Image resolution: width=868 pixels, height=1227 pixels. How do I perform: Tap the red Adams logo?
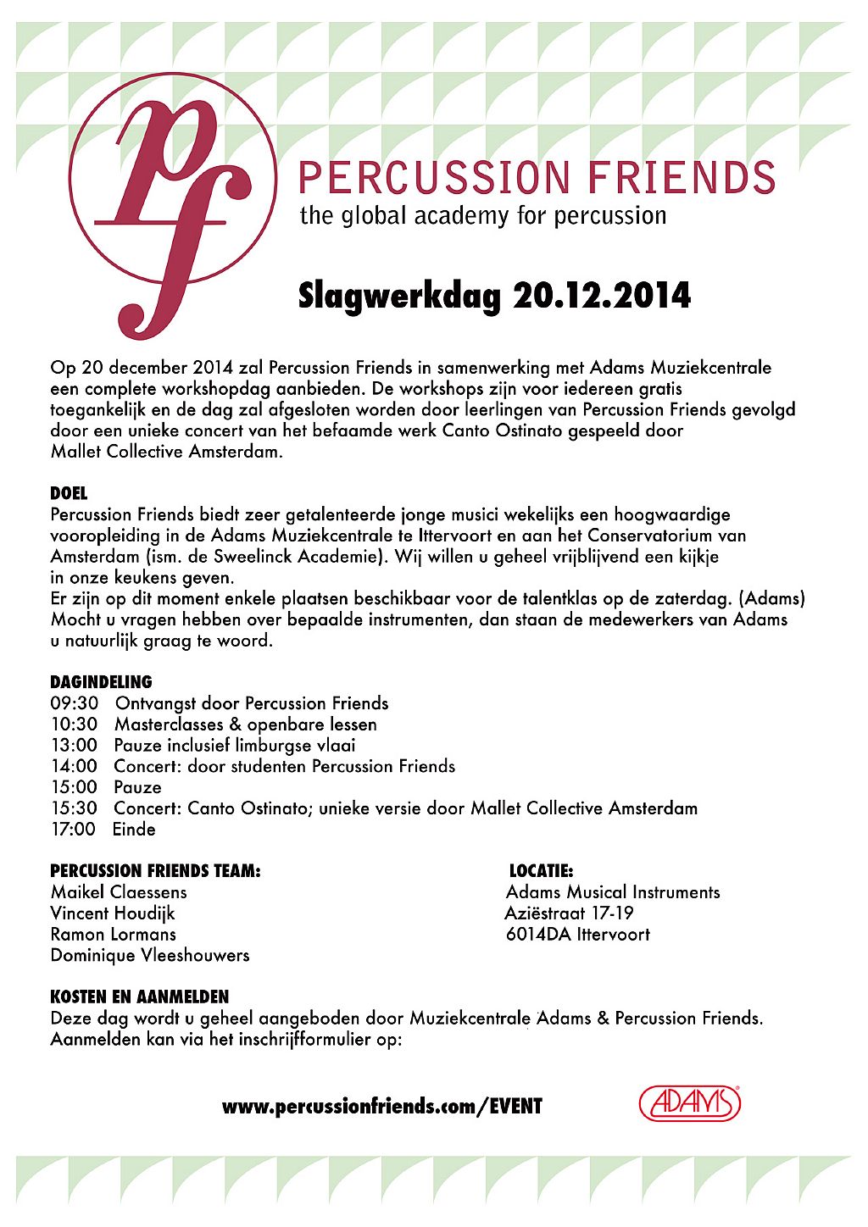(x=689, y=1104)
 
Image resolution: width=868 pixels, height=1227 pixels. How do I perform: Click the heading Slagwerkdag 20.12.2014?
(x=494, y=296)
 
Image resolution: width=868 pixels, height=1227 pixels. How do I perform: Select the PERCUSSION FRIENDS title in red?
(x=537, y=178)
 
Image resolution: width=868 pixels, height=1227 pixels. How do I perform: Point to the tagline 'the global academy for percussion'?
(x=483, y=216)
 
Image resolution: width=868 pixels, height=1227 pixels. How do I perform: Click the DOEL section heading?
(x=69, y=493)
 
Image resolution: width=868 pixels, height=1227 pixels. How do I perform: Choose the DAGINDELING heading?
(x=101, y=682)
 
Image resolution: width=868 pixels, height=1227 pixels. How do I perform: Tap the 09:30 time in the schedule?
(x=75, y=703)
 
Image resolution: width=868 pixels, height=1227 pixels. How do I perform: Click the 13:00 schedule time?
(x=75, y=746)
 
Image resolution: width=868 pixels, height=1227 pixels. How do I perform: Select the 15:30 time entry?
(x=75, y=808)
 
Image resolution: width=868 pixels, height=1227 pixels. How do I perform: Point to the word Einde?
(x=134, y=830)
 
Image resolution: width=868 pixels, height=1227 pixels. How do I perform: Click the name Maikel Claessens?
(x=119, y=892)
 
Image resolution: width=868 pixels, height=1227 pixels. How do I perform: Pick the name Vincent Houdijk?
(x=113, y=913)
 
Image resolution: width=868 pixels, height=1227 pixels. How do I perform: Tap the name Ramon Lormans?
(x=114, y=935)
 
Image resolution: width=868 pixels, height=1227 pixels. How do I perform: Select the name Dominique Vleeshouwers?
(x=150, y=955)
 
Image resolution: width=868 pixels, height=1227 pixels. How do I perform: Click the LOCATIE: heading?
(x=541, y=871)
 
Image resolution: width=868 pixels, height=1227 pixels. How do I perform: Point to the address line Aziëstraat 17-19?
(x=569, y=913)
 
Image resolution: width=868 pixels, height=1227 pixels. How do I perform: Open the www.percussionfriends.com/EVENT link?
(x=381, y=1107)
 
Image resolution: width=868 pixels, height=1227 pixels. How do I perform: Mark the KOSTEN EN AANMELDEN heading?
(x=139, y=997)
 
